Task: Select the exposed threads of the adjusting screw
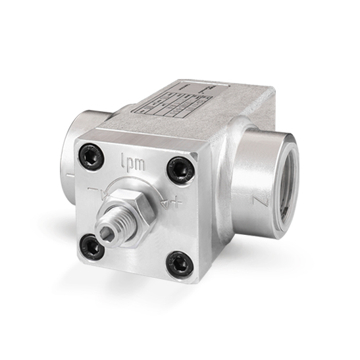113,224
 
